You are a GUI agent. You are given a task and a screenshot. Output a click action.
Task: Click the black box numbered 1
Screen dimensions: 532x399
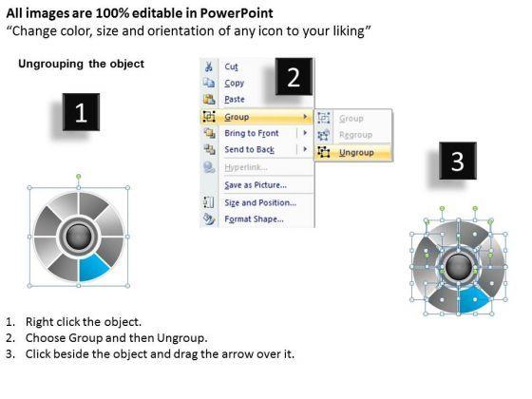click(81, 112)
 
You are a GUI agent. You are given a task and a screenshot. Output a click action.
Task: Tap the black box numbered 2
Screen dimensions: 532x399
click(294, 77)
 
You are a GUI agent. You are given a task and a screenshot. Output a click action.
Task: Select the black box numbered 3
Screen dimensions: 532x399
click(458, 161)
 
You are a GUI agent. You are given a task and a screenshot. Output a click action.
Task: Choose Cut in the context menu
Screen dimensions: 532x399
click(231, 66)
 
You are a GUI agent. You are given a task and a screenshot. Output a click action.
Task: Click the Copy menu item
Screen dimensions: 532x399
click(234, 84)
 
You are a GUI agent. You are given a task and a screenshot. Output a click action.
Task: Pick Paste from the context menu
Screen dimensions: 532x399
click(235, 100)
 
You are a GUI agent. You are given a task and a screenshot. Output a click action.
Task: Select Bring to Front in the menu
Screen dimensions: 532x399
click(252, 133)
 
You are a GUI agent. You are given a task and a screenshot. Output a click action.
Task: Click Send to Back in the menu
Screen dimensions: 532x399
click(249, 150)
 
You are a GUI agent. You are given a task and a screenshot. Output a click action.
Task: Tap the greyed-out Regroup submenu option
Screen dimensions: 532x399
click(355, 135)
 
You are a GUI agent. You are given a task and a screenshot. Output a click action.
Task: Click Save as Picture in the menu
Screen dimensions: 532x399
click(256, 185)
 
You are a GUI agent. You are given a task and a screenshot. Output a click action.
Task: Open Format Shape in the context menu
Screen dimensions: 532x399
click(255, 219)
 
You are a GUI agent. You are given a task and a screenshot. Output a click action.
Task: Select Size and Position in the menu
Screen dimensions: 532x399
click(260, 203)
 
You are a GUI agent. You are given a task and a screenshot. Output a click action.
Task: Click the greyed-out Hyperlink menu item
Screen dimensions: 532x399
click(246, 167)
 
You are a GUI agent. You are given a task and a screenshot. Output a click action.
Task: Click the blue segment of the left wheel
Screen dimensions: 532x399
click(93, 268)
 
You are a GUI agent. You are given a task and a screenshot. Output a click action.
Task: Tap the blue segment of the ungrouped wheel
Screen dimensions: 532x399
click(474, 299)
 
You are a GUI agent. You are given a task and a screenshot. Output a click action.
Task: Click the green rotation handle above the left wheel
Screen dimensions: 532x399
click(78, 177)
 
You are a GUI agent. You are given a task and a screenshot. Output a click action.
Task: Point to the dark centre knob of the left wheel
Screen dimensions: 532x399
click(78, 237)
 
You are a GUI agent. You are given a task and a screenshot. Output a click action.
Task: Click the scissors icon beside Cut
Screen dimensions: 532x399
click(209, 66)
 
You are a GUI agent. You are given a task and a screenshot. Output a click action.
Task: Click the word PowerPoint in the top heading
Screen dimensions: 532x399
click(237, 13)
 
